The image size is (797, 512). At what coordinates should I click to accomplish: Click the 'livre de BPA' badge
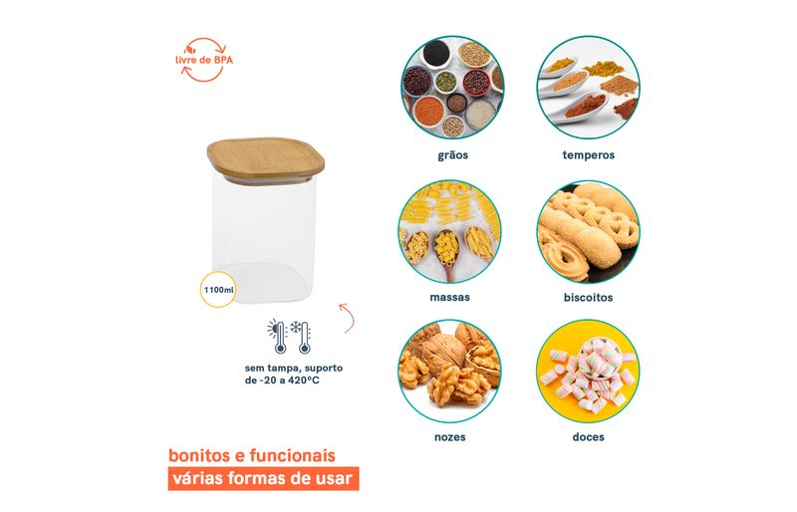pyautogui.click(x=204, y=60)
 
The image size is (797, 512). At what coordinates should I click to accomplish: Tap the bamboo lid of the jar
pyautogui.click(x=265, y=157)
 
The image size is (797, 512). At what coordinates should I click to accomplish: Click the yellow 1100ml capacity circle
pyautogui.click(x=218, y=290)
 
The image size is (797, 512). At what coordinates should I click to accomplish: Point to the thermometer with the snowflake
pyautogui.click(x=302, y=337)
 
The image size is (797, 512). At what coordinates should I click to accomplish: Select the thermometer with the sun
pyautogui.click(x=278, y=337)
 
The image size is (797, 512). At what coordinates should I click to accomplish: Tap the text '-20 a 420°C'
pyautogui.click(x=289, y=381)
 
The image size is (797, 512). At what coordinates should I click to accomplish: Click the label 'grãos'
pyautogui.click(x=453, y=155)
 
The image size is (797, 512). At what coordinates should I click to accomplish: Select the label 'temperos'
pyautogui.click(x=589, y=155)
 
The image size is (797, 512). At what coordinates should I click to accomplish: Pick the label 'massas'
pyautogui.click(x=450, y=297)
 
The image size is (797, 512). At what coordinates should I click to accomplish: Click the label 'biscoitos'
pyautogui.click(x=588, y=297)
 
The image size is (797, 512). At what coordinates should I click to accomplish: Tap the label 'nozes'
pyautogui.click(x=450, y=436)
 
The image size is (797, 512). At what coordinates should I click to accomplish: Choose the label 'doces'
pyautogui.click(x=588, y=436)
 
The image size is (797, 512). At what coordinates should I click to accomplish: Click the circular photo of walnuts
pyautogui.click(x=450, y=372)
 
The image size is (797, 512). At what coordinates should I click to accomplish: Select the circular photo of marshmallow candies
pyautogui.click(x=588, y=372)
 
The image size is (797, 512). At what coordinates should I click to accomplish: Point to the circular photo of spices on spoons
pyautogui.click(x=589, y=87)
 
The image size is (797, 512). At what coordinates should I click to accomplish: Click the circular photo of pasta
pyautogui.click(x=450, y=231)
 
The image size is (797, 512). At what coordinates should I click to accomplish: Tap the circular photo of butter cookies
pyautogui.click(x=589, y=231)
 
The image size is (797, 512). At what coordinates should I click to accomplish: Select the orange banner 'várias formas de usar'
pyautogui.click(x=263, y=478)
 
